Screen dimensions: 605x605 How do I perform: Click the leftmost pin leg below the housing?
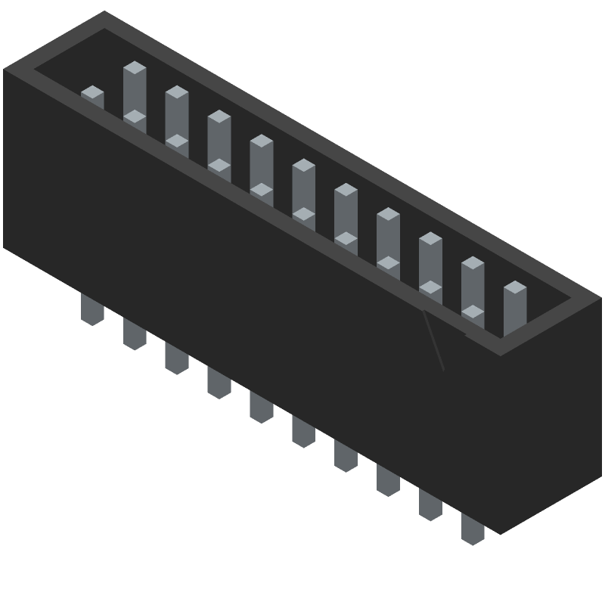click(x=92, y=309)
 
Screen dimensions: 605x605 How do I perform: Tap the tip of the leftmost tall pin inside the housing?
click(x=135, y=68)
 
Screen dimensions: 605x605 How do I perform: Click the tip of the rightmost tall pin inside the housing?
click(x=515, y=288)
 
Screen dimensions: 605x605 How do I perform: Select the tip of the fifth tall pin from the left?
click(x=303, y=166)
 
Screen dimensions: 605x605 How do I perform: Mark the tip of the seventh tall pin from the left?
click(x=388, y=215)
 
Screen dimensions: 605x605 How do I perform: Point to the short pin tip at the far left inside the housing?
click(x=92, y=92)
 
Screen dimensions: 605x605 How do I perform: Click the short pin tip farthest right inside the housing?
click(x=473, y=312)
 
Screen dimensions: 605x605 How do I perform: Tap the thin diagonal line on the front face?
click(x=433, y=341)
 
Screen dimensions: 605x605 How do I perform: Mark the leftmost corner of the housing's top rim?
click(x=4, y=70)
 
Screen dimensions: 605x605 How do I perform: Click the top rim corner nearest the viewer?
click(x=500, y=355)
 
